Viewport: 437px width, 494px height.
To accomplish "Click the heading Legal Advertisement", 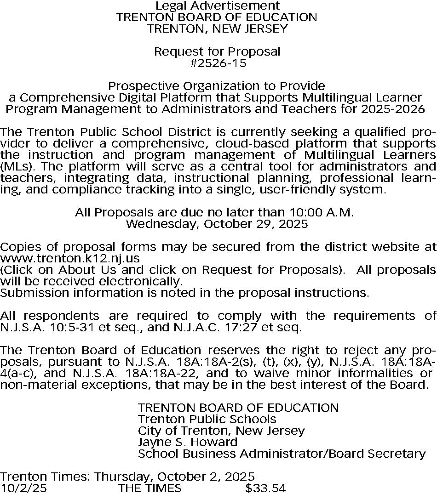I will (217, 6).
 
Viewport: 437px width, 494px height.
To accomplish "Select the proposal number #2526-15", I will (218, 63).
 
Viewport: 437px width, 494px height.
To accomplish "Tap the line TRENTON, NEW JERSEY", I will (217, 28).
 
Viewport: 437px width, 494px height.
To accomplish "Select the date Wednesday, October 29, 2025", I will (217, 224).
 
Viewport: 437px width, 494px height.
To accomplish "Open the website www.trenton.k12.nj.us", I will (70, 258).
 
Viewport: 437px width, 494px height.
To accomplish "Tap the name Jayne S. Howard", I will (188, 442).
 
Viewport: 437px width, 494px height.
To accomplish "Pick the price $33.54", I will (265, 488).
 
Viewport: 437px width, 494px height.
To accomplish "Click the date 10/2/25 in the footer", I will (24, 488).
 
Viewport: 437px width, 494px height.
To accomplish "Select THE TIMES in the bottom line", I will (150, 488).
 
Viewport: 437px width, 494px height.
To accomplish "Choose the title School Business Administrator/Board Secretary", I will (282, 454).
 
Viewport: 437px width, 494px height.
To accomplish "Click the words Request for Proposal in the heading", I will (217, 51).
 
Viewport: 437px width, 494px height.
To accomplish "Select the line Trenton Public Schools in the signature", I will (207, 419).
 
